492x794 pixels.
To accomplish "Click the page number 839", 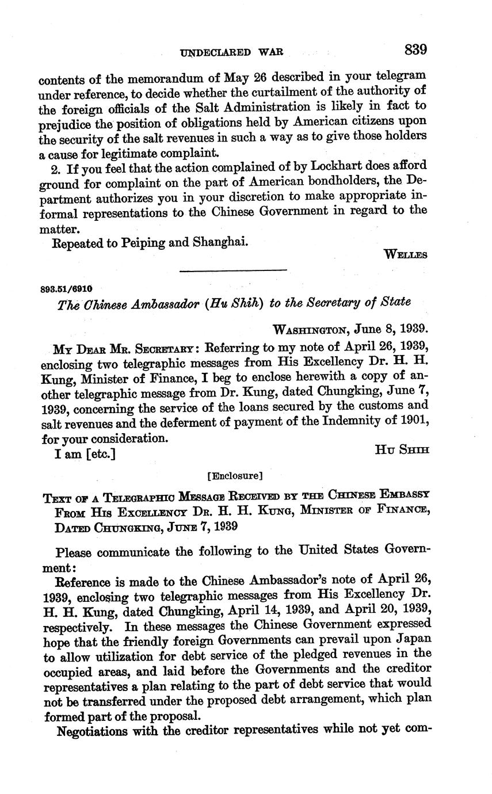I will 415,49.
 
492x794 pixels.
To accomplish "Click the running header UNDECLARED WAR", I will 231,52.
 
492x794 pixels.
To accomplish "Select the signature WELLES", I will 406,255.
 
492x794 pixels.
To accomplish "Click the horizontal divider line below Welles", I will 233,270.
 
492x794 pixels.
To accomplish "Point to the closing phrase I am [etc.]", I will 85,454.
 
